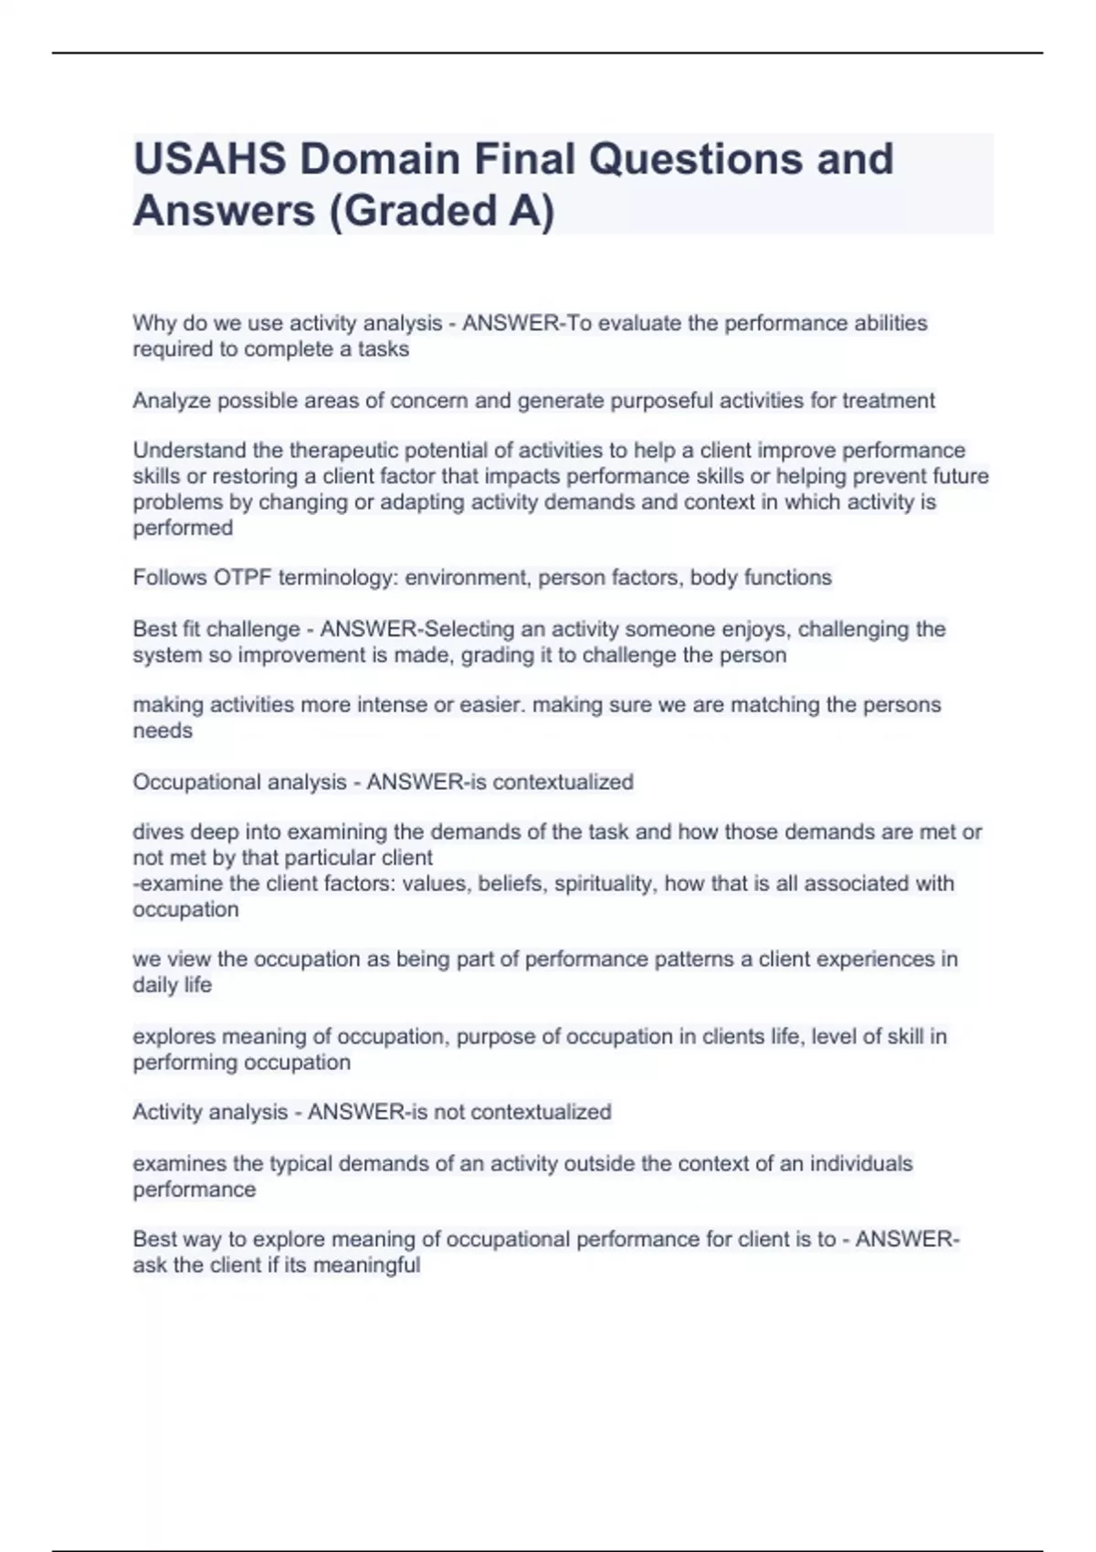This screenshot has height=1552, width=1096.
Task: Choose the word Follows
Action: pyautogui.click(x=170, y=578)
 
